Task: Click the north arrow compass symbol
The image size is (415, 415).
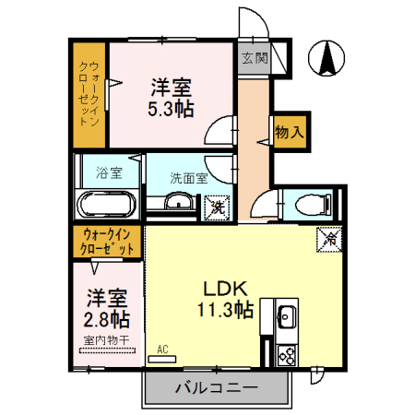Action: click(326, 60)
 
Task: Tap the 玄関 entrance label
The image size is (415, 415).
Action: click(255, 58)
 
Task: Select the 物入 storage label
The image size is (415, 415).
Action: click(289, 132)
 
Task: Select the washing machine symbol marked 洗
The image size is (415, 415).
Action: click(217, 207)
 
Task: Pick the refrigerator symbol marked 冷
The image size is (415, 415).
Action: click(330, 237)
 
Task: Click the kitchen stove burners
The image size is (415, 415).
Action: click(284, 352)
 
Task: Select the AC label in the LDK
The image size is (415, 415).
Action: click(162, 350)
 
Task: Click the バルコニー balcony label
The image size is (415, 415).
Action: click(217, 387)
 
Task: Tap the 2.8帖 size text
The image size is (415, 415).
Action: click(108, 318)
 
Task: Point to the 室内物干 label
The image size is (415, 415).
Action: click(107, 340)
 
